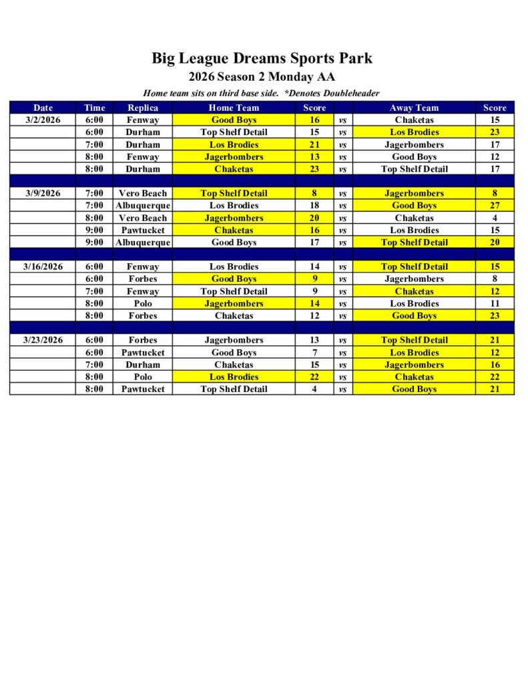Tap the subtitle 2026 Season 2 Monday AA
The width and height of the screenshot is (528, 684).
[x=262, y=77]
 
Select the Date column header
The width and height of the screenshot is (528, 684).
[x=43, y=108]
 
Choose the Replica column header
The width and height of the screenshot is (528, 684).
[x=143, y=108]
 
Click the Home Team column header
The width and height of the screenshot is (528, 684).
[x=234, y=108]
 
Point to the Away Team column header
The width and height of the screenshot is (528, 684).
[x=414, y=108]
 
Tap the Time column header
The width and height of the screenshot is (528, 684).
[x=95, y=108]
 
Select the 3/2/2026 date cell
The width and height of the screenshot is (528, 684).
[x=43, y=120]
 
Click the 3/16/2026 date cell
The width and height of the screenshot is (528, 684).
[x=43, y=267]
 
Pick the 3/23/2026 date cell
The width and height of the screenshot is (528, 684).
[x=43, y=340]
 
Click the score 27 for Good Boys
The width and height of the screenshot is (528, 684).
[x=495, y=206]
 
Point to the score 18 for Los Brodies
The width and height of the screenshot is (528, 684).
[x=314, y=206]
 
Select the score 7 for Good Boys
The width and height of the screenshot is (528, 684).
[x=314, y=353]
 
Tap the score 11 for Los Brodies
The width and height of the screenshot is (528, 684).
[x=495, y=303]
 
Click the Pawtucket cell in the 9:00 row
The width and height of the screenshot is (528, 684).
[x=143, y=230]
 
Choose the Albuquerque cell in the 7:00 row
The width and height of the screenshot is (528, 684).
[x=143, y=206]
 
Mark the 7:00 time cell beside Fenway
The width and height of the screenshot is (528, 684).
[x=95, y=291]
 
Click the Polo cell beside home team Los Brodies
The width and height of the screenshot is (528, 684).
[x=143, y=377]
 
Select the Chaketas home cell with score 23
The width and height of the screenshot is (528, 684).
[x=234, y=169]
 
